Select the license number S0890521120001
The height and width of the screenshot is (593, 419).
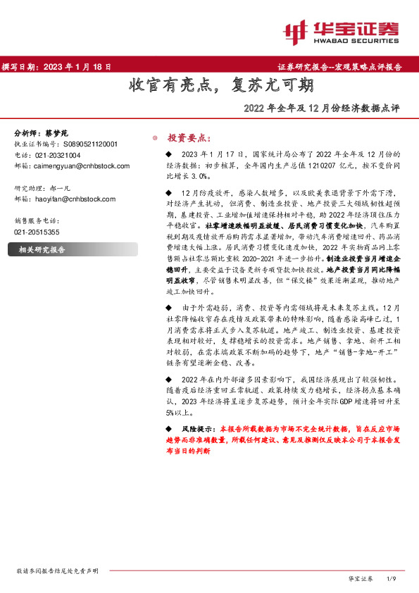click(x=87, y=144)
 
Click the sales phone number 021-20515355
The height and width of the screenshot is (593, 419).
click(x=37, y=232)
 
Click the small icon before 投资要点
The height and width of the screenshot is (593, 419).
click(x=155, y=138)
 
